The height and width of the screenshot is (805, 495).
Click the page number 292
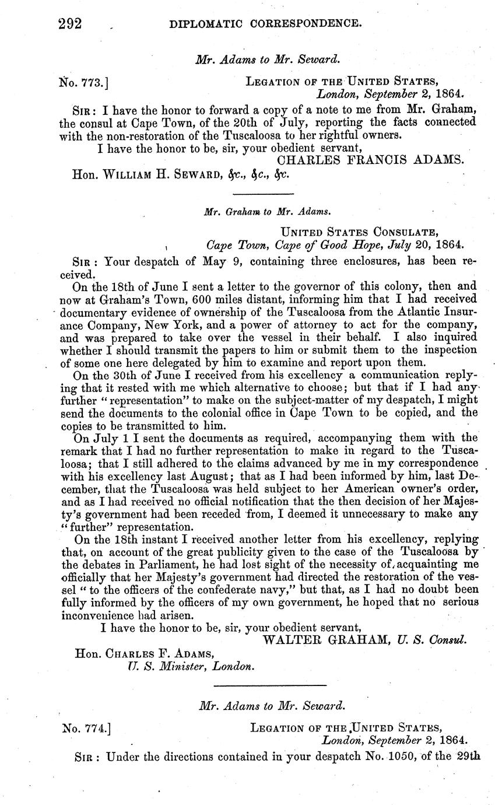pos(69,24)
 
